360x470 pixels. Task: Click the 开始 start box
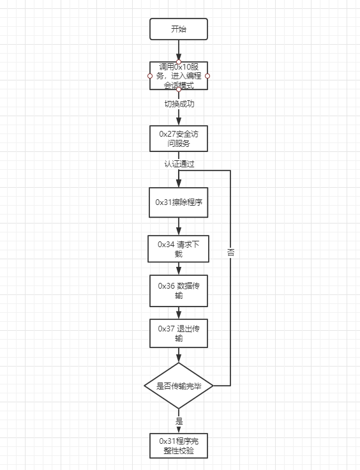click(x=179, y=29)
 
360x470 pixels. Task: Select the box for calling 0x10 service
click(x=179, y=76)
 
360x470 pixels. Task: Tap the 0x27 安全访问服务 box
click(x=179, y=139)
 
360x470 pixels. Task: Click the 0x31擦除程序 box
click(x=179, y=202)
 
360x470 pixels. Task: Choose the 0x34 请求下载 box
click(x=179, y=249)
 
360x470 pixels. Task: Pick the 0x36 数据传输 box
click(x=179, y=291)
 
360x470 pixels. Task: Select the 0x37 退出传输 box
click(x=179, y=333)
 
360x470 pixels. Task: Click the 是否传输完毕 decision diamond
click(x=179, y=386)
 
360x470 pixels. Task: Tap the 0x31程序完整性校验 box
click(x=179, y=446)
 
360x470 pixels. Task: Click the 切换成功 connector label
click(x=179, y=104)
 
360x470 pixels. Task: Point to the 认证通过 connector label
click(x=179, y=164)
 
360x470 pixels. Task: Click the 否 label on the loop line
click(x=230, y=252)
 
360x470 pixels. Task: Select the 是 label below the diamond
click(x=179, y=421)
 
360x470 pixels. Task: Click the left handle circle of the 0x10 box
click(x=150, y=76)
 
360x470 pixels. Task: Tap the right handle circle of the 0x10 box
click(x=207, y=76)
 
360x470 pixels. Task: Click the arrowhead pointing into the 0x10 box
click(x=179, y=57)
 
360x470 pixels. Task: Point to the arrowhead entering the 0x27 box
click(x=179, y=121)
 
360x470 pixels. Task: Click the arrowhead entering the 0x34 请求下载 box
click(x=179, y=231)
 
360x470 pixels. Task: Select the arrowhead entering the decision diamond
click(x=179, y=358)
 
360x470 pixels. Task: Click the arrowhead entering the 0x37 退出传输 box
click(x=179, y=315)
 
